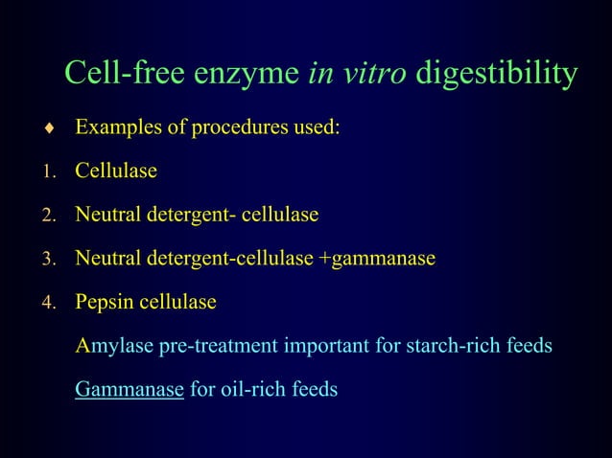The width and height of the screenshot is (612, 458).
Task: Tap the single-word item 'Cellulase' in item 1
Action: coord(116,172)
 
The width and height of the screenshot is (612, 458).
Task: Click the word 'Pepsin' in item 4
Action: coord(105,304)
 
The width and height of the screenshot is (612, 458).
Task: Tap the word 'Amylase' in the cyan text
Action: coord(113,347)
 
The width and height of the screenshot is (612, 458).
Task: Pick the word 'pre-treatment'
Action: coord(218,347)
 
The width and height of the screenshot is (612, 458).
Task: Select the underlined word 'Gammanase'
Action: coord(129,391)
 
